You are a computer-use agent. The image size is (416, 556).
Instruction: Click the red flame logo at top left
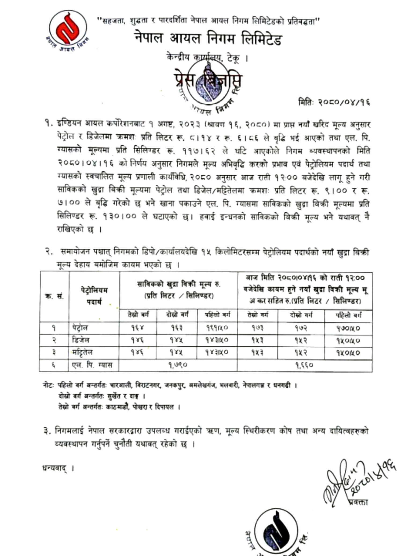[68, 29]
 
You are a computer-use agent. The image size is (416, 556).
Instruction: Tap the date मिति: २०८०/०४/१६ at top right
[334, 102]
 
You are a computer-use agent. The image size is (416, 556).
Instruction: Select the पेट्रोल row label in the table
[80, 328]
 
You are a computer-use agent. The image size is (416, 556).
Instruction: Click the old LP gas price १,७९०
[178, 365]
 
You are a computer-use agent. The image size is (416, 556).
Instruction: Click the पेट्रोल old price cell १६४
[137, 328]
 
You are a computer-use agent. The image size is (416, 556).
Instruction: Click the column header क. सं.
[54, 297]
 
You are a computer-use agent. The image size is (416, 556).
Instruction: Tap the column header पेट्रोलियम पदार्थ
[94, 296]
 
